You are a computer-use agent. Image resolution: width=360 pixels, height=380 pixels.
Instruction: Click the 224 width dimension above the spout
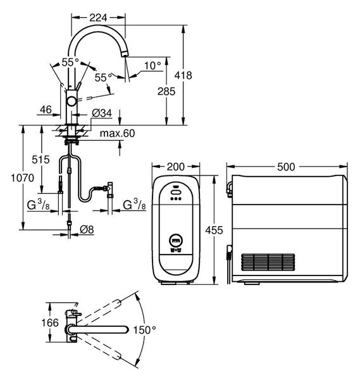[x=98, y=18]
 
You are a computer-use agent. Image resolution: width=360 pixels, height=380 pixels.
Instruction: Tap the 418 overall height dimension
[x=183, y=75]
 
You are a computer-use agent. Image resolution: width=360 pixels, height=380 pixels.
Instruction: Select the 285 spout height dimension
[x=166, y=91]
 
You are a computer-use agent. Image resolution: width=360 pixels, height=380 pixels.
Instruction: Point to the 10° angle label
[x=152, y=65]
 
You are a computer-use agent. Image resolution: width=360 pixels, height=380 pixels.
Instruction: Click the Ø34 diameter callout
[x=102, y=113]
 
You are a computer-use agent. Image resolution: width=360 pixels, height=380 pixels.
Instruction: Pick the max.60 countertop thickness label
[x=118, y=133]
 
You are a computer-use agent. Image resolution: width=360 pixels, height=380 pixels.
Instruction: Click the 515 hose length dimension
[x=40, y=160]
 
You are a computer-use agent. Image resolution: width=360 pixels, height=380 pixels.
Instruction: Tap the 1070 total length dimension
[x=23, y=178]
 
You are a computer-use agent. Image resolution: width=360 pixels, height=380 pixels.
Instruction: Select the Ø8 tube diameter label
[x=87, y=229]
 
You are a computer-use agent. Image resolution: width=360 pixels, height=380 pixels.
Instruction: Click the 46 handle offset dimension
[x=46, y=110]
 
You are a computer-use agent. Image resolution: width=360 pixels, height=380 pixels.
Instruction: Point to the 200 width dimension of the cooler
[x=176, y=167]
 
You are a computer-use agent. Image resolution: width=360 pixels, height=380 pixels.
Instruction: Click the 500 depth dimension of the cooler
[x=286, y=167]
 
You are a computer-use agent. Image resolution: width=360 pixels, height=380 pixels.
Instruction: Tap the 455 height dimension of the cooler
[x=214, y=230]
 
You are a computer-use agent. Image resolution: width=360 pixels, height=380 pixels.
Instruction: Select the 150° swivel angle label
[x=145, y=330]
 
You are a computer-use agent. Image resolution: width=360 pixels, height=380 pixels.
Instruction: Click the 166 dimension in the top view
[x=50, y=323]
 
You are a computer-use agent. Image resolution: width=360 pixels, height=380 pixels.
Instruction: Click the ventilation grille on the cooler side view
[x=268, y=262]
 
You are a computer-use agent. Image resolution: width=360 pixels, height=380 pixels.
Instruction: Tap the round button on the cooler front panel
[x=176, y=241]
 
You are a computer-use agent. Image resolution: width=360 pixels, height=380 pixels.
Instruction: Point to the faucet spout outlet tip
[x=125, y=55]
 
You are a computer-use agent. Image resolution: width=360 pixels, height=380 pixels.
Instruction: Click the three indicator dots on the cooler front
[x=176, y=199]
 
